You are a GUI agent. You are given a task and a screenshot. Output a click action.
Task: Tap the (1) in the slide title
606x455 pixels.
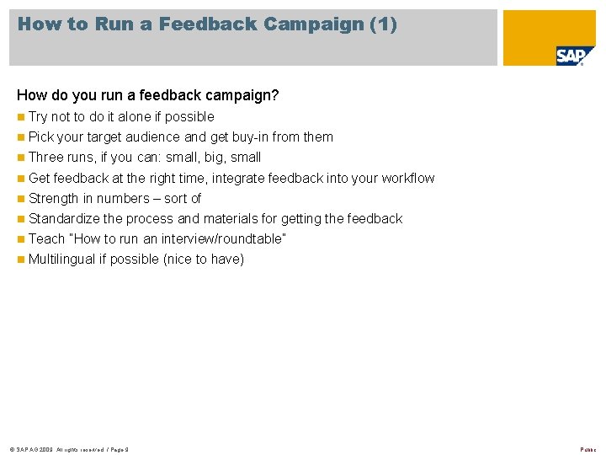click(x=383, y=24)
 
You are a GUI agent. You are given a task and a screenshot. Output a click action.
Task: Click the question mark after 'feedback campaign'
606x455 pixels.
click(x=274, y=95)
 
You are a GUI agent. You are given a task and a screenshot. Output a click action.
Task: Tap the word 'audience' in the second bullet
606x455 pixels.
click(x=153, y=136)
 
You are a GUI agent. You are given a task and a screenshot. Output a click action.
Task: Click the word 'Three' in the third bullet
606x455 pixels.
click(x=45, y=157)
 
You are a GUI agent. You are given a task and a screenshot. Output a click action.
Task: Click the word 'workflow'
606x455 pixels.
click(x=408, y=178)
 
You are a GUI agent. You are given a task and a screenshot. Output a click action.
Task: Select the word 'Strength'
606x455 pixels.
click(x=54, y=198)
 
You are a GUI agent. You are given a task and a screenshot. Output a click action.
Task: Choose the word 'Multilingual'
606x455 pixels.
click(x=62, y=259)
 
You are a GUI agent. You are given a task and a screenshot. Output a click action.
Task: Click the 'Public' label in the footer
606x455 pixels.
click(x=587, y=449)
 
